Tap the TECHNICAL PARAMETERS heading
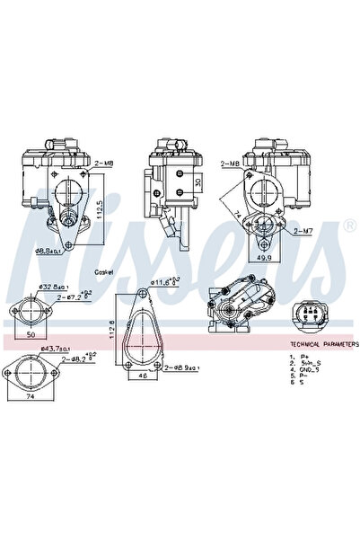[x=324, y=344]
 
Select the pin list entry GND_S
[x=311, y=369]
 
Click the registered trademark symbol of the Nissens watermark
[x=348, y=227]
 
